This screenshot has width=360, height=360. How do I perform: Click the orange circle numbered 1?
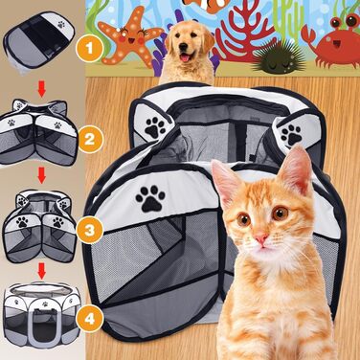click(x=89, y=49)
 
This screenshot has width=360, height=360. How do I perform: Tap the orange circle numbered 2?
click(x=90, y=140)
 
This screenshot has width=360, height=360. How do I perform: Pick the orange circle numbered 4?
click(x=90, y=320)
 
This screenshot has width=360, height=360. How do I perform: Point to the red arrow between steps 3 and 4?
click(x=41, y=271)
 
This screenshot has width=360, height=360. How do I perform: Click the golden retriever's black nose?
click(x=183, y=47)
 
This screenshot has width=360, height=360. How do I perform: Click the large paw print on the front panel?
click(x=150, y=198)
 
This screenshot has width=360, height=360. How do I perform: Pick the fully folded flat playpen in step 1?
click(x=39, y=40)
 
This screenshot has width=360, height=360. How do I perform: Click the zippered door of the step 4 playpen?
click(x=42, y=325)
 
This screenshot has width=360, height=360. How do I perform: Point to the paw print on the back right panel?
click(x=291, y=134)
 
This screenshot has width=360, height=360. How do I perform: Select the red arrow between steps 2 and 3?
click(x=41, y=175)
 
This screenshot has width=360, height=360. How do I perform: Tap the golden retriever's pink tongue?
click(x=184, y=57)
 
